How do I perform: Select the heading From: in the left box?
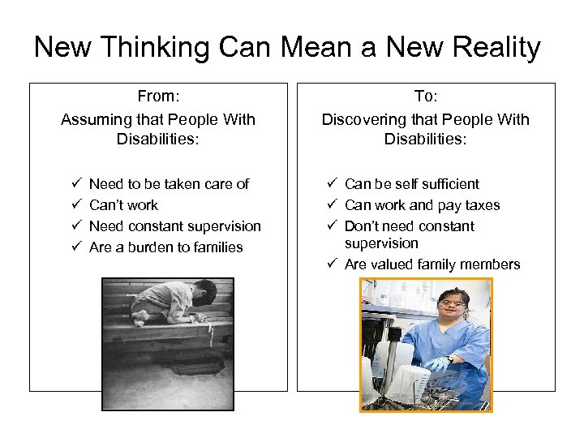157,97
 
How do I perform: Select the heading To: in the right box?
425,97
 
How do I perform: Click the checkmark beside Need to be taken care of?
75,184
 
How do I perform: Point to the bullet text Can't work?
123,205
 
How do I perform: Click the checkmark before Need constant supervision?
75,226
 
